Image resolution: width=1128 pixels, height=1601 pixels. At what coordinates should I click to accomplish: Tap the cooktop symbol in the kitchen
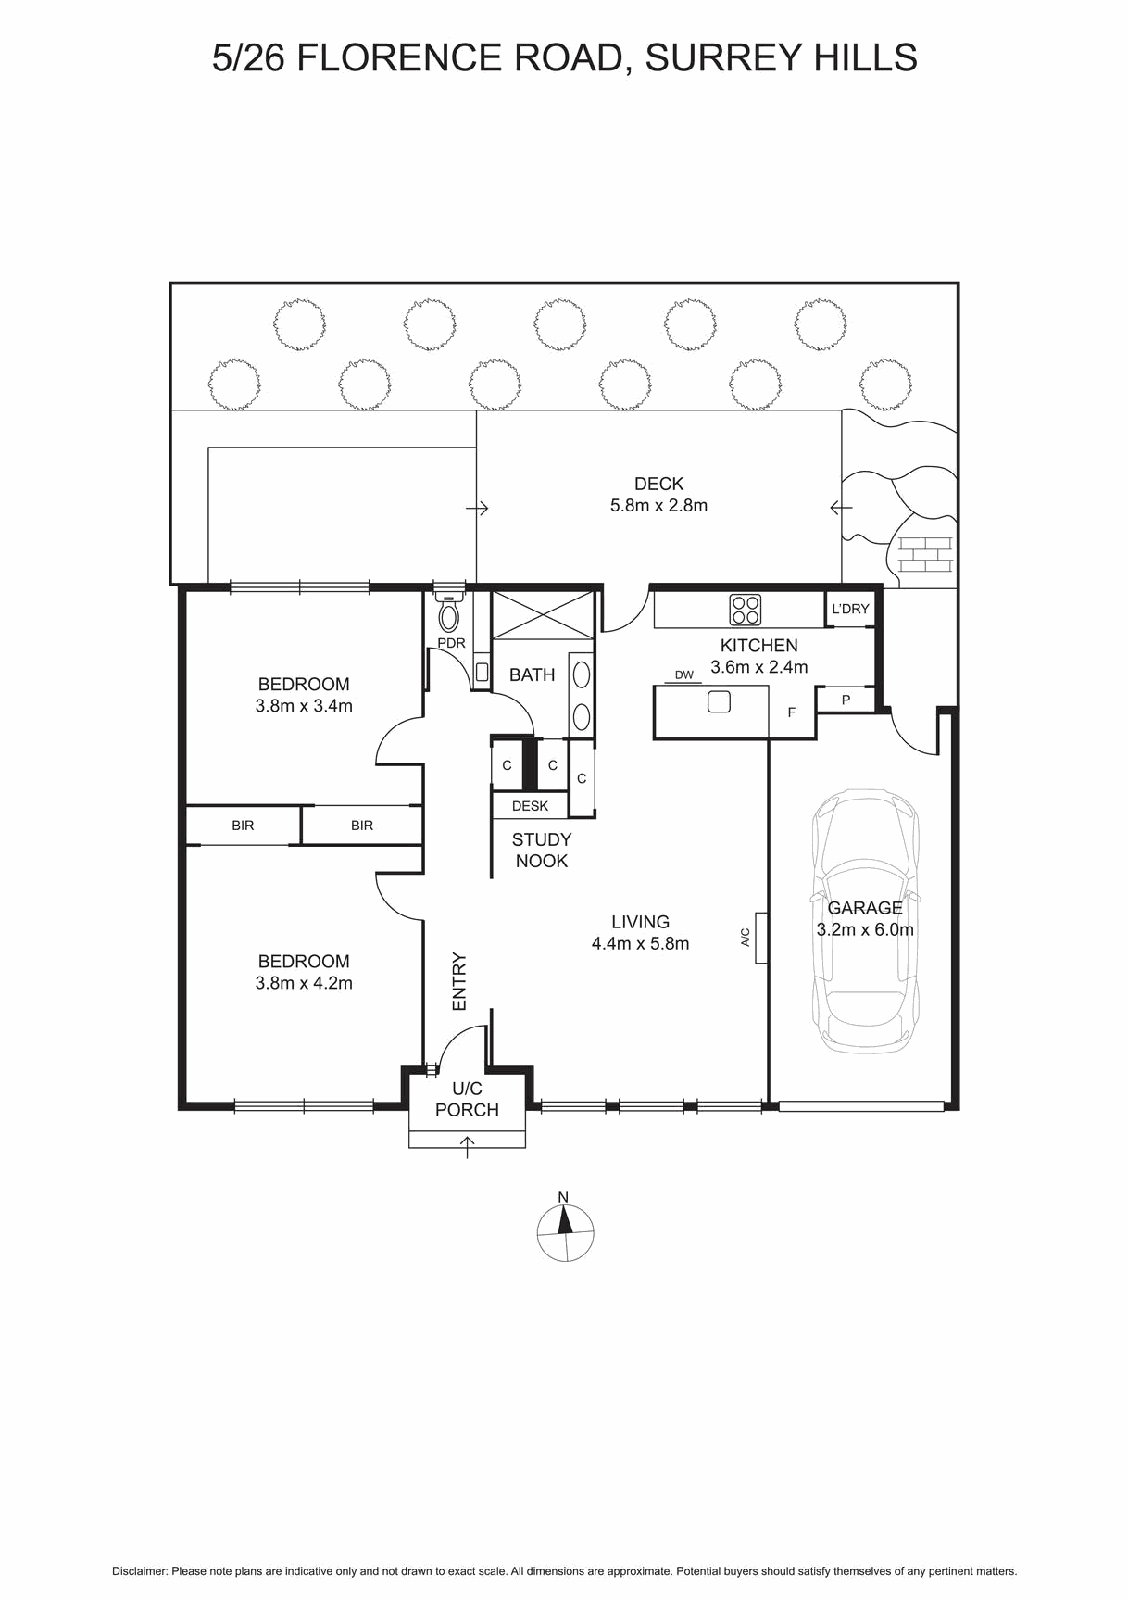746,610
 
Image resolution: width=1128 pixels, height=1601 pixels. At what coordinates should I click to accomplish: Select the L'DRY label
850,609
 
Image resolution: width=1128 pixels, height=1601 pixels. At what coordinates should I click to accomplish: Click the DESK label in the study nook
530,806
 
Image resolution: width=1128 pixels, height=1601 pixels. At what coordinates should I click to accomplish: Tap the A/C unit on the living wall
761,938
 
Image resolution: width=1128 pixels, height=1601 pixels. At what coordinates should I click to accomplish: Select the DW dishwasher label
683,674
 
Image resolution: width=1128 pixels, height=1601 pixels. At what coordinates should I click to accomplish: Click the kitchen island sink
719,701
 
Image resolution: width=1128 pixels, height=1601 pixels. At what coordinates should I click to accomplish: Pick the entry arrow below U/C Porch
468,1148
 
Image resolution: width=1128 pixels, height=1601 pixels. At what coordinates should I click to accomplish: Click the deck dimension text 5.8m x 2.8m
658,506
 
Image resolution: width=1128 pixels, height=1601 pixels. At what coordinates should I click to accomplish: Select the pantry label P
846,700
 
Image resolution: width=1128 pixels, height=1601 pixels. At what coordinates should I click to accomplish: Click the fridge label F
791,712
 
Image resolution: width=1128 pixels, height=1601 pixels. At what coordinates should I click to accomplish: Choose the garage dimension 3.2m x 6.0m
865,930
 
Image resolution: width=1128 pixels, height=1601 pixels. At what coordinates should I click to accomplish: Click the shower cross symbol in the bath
542,614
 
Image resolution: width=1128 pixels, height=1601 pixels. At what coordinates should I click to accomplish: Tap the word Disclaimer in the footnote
140,1571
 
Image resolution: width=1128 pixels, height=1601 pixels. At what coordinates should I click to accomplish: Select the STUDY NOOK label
542,851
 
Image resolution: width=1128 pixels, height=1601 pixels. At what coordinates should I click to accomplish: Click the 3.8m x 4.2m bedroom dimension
304,984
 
